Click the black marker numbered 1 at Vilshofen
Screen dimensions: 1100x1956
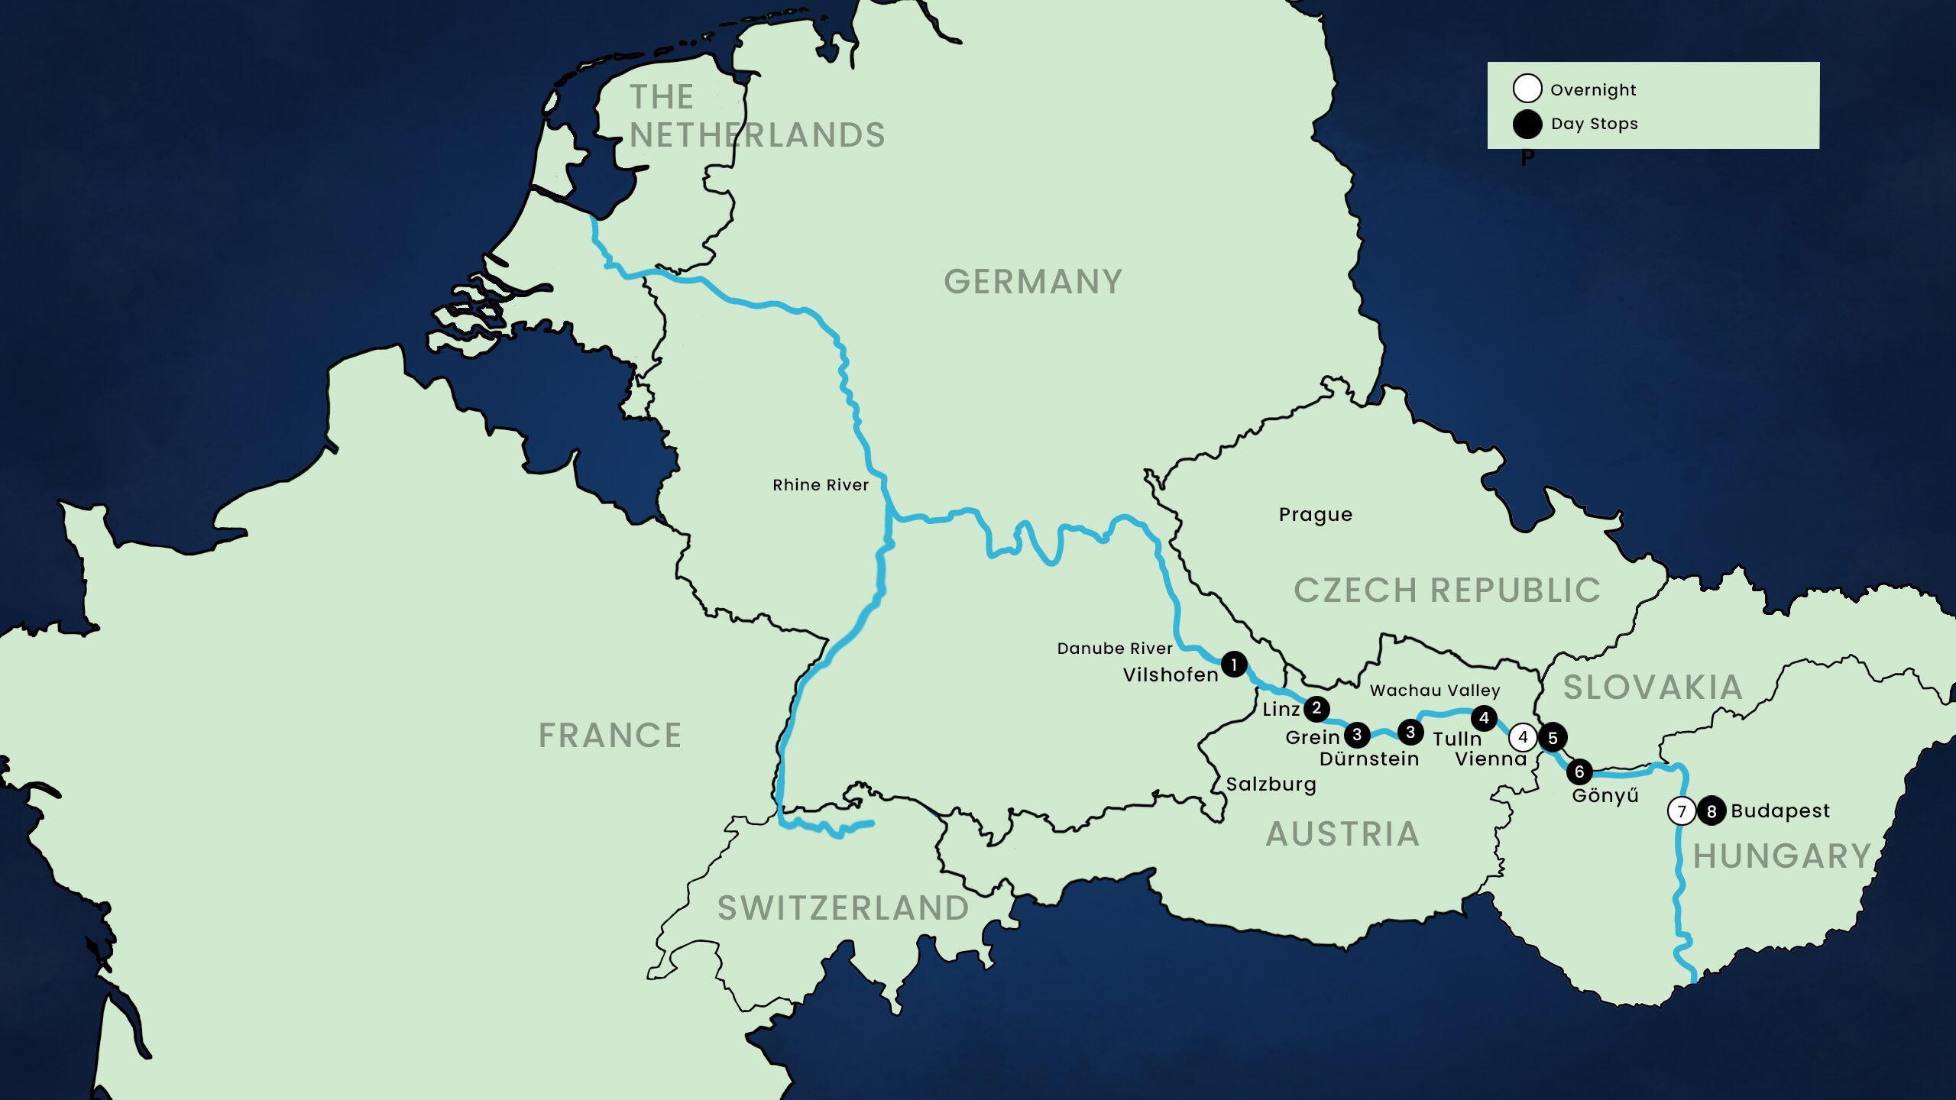[x=1234, y=664]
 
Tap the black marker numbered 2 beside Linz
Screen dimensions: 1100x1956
[x=1316, y=708]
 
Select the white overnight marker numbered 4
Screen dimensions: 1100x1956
[x=1523, y=737]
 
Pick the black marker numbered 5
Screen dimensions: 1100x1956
[x=1553, y=738]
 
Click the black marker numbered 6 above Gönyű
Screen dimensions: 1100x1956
[x=1579, y=772]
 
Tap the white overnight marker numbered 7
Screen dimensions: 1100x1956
[x=1682, y=811]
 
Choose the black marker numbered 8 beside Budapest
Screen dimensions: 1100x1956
[x=1711, y=811]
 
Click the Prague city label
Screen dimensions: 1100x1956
[x=1315, y=515]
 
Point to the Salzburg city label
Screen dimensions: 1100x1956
[x=1271, y=785]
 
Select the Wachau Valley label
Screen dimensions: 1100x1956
[x=1434, y=691]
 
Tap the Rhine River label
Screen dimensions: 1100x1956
[x=820, y=485]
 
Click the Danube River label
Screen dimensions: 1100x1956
[x=1114, y=649]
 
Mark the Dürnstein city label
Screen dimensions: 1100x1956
[x=1368, y=759]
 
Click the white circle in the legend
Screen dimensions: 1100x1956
[x=1527, y=89]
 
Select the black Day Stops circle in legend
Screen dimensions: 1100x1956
[x=1527, y=124]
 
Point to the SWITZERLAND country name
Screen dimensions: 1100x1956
[x=843, y=908]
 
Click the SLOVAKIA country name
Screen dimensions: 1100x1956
[x=1653, y=687]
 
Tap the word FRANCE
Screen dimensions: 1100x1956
[x=610, y=736]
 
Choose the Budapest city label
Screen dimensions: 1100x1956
[x=1780, y=810]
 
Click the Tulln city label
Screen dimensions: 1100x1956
[x=1456, y=739]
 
